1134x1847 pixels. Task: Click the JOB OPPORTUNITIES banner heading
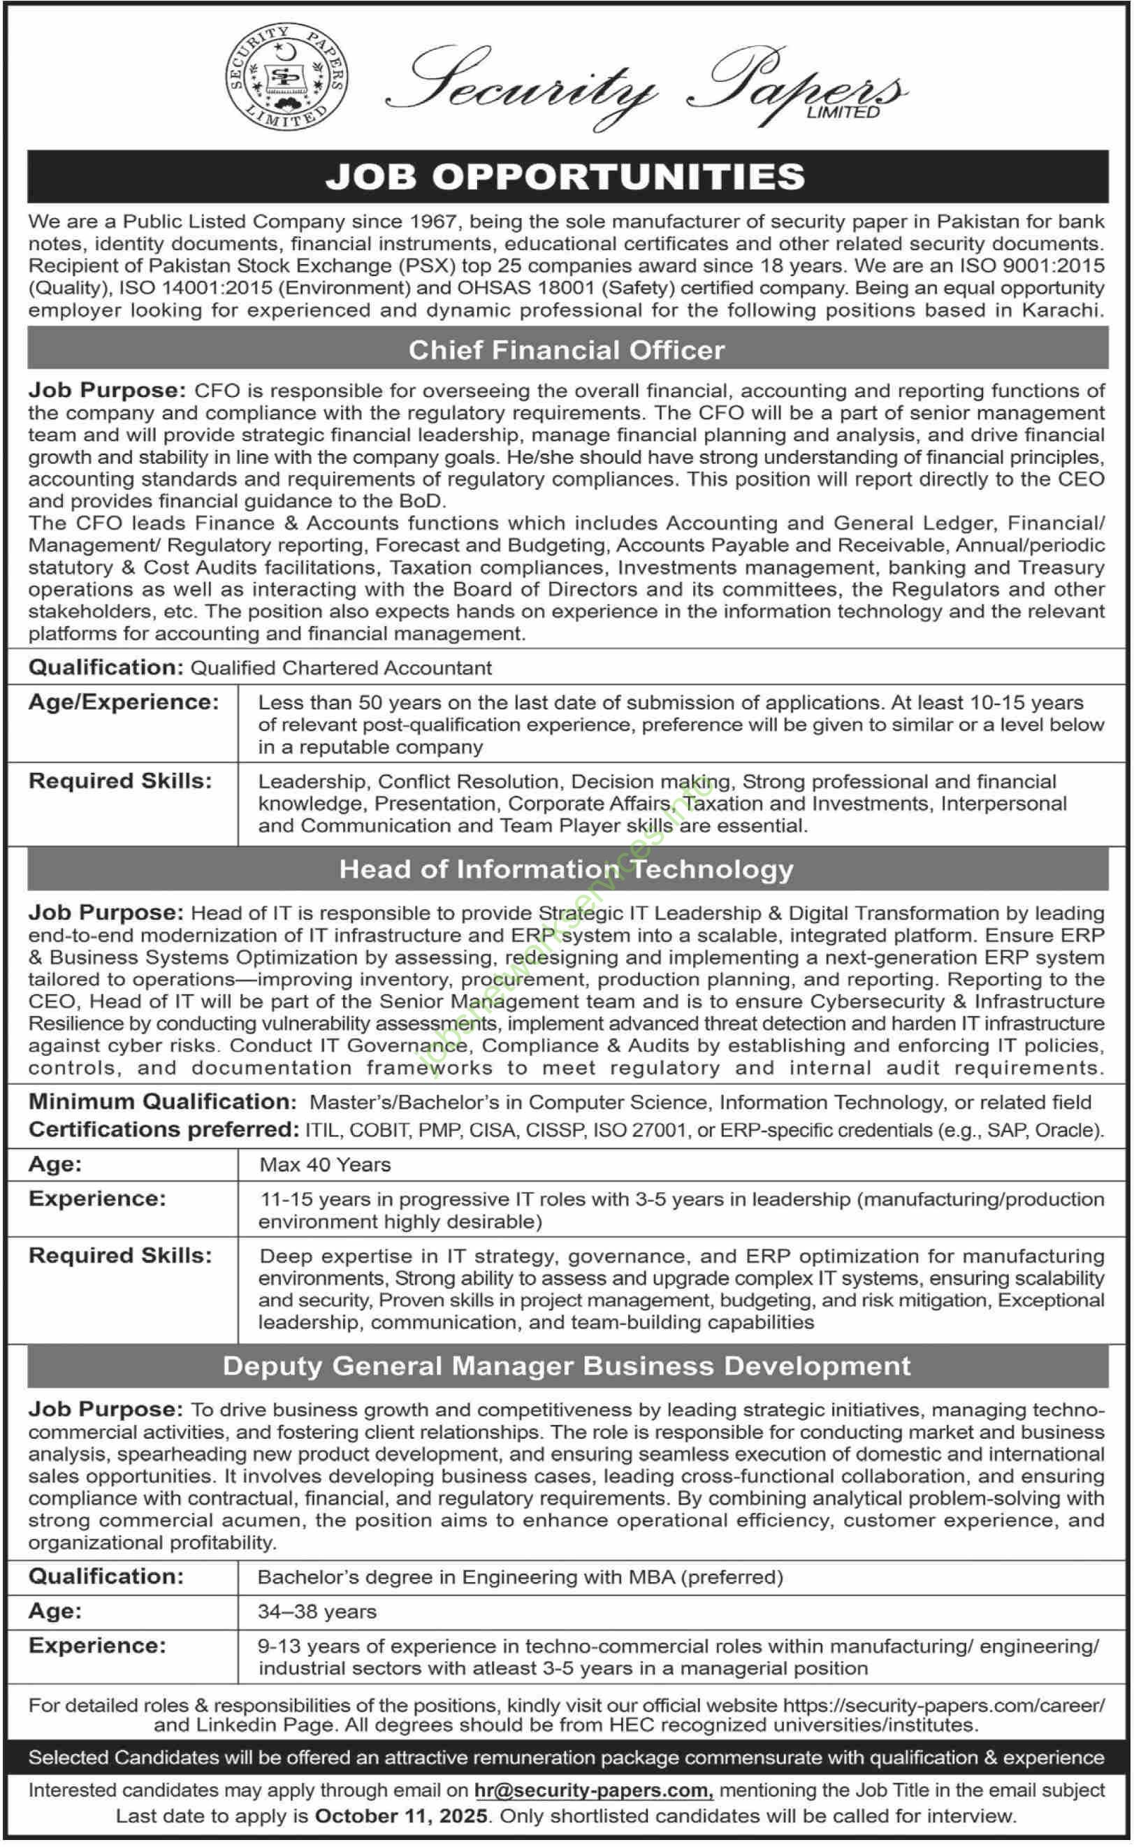(566, 177)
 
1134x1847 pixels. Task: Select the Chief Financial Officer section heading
(566, 350)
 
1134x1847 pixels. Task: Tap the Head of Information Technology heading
(566, 869)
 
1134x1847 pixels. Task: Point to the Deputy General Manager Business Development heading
(566, 1366)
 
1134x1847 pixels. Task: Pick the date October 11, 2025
(401, 1816)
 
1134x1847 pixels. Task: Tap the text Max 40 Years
(325, 1164)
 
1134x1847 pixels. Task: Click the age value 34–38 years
(317, 1611)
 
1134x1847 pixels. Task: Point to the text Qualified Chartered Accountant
(341, 668)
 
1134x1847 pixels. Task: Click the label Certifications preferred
(163, 1129)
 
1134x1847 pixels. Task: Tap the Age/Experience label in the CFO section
(124, 702)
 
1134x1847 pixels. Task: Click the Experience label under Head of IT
(96, 1198)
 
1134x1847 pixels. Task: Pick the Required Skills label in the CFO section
(120, 781)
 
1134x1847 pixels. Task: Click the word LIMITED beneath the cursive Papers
(842, 113)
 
